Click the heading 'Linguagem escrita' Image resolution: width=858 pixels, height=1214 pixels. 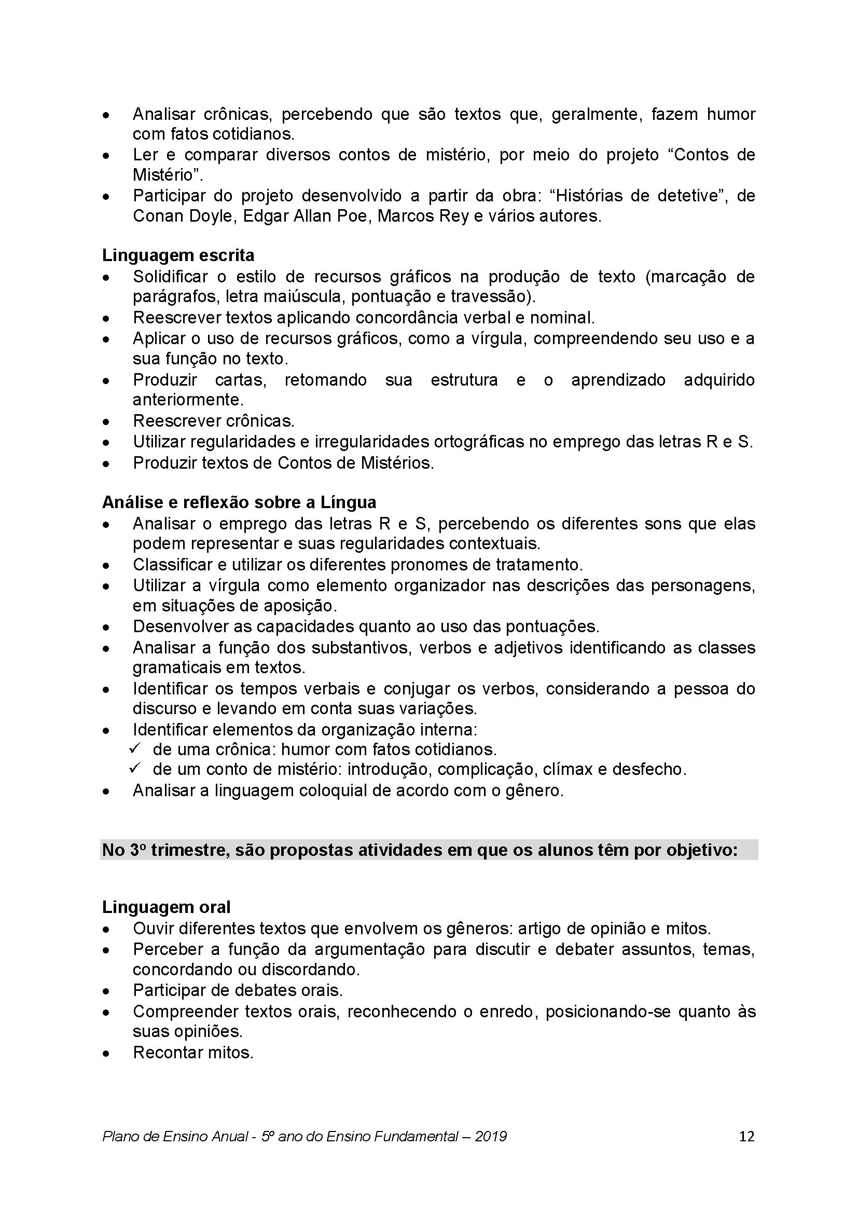[178, 255]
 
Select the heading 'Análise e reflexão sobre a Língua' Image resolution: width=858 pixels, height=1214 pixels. [239, 502]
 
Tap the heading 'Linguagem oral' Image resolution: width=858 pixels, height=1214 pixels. [166, 907]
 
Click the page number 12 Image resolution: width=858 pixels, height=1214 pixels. [746, 1136]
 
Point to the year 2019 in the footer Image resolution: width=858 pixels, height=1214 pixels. [491, 1136]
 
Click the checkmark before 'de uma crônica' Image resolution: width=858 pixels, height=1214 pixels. [135, 749]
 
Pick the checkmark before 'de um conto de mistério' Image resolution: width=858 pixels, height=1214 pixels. [135, 769]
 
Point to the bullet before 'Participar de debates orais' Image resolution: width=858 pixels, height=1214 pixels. [107, 991]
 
